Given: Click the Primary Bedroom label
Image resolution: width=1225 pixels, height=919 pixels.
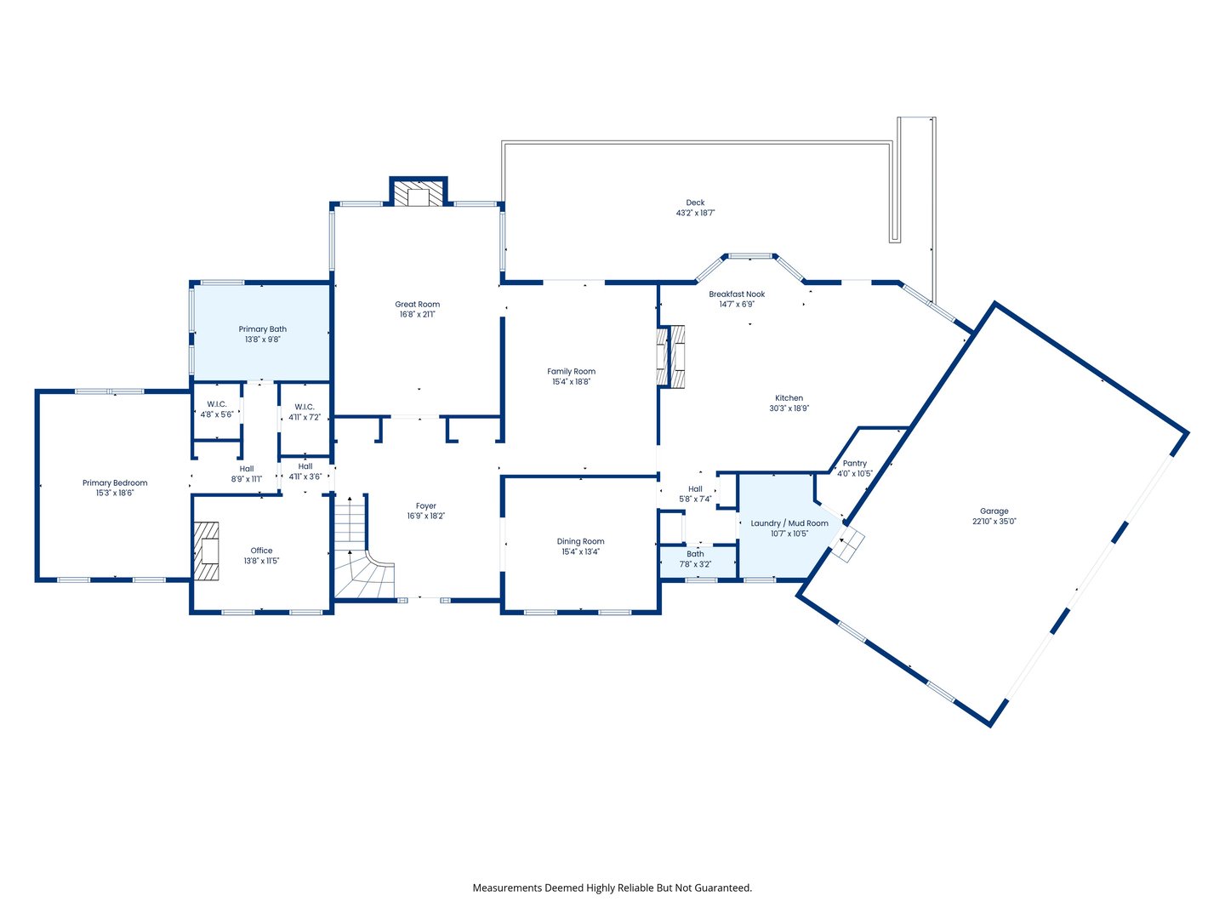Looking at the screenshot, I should (115, 483).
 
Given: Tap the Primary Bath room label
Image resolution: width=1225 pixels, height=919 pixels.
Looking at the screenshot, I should (262, 329).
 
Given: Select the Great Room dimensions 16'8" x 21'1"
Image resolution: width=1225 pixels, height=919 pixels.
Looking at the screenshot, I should (417, 315).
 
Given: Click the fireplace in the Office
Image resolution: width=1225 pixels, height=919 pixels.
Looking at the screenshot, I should (207, 551).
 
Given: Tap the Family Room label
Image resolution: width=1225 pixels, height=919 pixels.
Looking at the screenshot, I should (571, 372).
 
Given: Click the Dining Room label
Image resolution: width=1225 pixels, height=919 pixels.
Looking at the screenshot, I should (580, 541).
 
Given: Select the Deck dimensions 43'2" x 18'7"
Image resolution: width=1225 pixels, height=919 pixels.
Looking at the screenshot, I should (695, 213).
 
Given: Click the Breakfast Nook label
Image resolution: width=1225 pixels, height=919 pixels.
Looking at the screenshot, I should (737, 294).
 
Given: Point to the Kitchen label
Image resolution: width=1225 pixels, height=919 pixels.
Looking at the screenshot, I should (789, 398).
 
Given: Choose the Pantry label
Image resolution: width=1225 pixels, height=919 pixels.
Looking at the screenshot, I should (854, 464).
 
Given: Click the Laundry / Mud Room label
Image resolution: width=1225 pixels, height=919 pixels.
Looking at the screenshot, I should (789, 523).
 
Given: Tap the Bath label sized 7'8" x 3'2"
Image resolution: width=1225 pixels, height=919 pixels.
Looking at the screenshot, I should (695, 554).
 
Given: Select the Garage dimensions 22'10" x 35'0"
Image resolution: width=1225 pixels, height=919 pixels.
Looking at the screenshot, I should (994, 522).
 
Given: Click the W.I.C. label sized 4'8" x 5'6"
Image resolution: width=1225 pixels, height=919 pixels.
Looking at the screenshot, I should (216, 404).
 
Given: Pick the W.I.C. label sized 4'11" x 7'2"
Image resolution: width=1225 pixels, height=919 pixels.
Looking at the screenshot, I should (305, 407).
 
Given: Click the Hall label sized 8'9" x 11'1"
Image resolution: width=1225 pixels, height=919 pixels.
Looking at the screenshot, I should (246, 469).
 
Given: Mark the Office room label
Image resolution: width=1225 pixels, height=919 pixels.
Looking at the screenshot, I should (261, 551).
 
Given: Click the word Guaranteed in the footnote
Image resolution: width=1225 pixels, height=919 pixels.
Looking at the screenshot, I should (722, 888).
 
